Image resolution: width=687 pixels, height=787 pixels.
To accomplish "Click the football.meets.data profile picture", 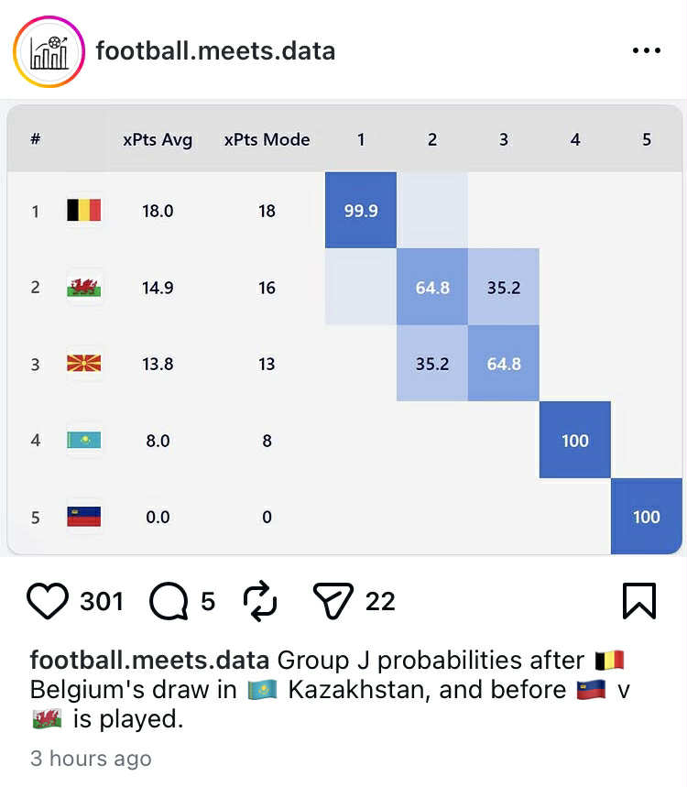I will pyautogui.click(x=49, y=51).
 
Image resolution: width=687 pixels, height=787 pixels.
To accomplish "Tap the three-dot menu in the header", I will pyautogui.click(x=647, y=51).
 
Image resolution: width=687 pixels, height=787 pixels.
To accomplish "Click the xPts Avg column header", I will pyautogui.click(x=158, y=140).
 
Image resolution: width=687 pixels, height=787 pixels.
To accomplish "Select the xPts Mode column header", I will pyautogui.click(x=267, y=140).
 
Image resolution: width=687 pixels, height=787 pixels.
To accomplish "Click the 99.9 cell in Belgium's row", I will pyautogui.click(x=361, y=211).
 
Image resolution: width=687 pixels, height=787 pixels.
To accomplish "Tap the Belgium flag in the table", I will pyautogui.click(x=84, y=212).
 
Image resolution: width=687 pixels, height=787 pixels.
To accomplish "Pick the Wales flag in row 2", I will pyautogui.click(x=84, y=288).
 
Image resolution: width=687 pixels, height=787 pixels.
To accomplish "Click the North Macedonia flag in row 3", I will pyautogui.click(x=84, y=364).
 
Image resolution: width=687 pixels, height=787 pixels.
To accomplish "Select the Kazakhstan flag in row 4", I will pyautogui.click(x=84, y=441).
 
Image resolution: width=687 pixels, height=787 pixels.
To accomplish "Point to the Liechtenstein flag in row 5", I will pyautogui.click(x=84, y=517).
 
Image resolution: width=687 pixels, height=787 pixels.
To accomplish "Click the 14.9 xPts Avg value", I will pyautogui.click(x=158, y=288).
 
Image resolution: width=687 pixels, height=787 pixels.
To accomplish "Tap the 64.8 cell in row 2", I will pyautogui.click(x=432, y=288).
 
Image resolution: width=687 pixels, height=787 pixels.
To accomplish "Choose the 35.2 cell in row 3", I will pyautogui.click(x=432, y=364).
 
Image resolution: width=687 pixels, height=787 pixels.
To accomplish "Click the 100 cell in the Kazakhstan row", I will pyautogui.click(x=575, y=441).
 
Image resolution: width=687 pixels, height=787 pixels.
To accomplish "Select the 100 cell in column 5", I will pyautogui.click(x=647, y=517).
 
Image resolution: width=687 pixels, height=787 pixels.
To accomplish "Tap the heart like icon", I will pyautogui.click(x=49, y=601).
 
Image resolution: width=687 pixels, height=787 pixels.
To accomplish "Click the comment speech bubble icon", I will pyautogui.click(x=169, y=601).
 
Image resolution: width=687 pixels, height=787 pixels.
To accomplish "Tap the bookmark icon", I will pyautogui.click(x=639, y=601).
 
